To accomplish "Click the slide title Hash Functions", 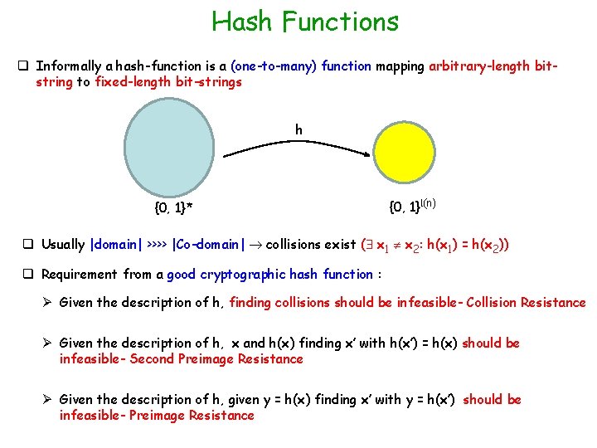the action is coord(304,21).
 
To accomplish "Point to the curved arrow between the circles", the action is coord(299,146).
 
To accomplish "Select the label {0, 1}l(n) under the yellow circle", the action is coord(412,205).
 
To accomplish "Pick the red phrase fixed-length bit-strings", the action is coord(168,81).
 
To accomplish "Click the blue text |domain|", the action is coord(115,245).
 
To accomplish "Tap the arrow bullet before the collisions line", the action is coord(48,302).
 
